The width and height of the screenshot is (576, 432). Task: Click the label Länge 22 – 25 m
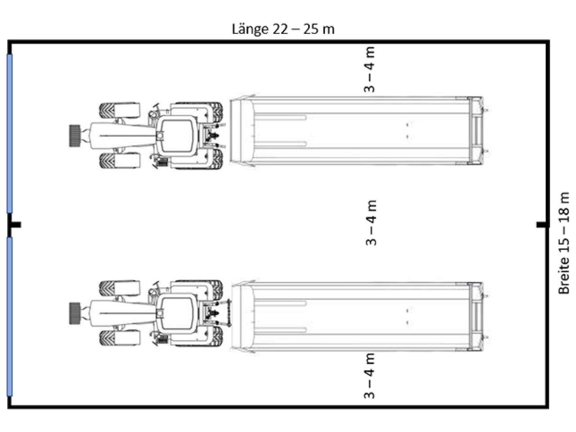[x=283, y=29]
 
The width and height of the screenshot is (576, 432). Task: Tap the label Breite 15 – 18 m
[x=564, y=243]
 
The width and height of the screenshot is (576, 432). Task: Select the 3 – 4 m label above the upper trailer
[x=369, y=69]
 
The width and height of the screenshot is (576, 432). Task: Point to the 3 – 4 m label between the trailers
[x=371, y=223]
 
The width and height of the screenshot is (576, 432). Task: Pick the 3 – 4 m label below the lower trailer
[x=369, y=376]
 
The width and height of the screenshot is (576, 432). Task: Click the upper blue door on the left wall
[x=9, y=133]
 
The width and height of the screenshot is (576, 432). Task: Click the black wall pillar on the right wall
[x=542, y=225]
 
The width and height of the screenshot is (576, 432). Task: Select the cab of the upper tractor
[x=178, y=135]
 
